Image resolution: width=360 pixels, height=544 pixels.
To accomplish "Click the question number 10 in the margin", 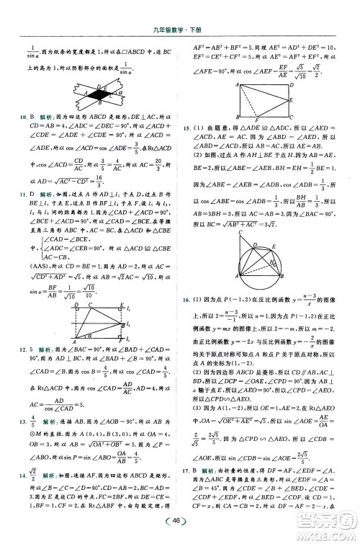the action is [x=22, y=115].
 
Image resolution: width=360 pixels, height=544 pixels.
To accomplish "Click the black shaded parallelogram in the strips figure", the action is [x=97, y=94].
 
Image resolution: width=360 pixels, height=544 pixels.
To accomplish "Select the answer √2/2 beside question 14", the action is [x=33, y=476].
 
